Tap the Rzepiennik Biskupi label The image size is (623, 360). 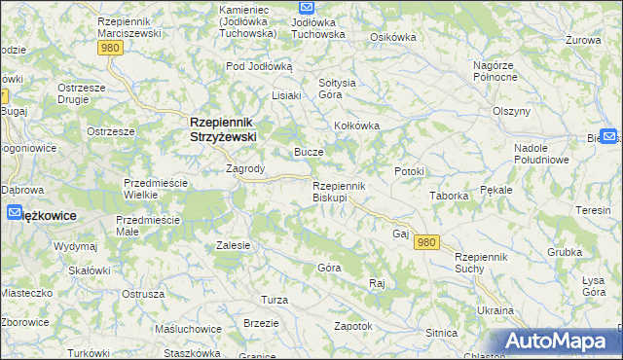click(x=338, y=191)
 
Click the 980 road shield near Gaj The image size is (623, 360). click(x=424, y=242)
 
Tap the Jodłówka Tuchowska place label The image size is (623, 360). click(x=305, y=26)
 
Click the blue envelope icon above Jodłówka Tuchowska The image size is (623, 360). click(x=305, y=7)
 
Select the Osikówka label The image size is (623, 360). click(x=393, y=37)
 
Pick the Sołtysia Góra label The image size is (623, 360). click(x=331, y=88)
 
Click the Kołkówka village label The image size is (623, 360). click(x=356, y=126)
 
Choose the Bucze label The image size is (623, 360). click(x=309, y=153)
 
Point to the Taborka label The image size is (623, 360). click(x=450, y=196)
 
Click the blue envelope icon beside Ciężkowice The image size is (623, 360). click(x=15, y=213)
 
